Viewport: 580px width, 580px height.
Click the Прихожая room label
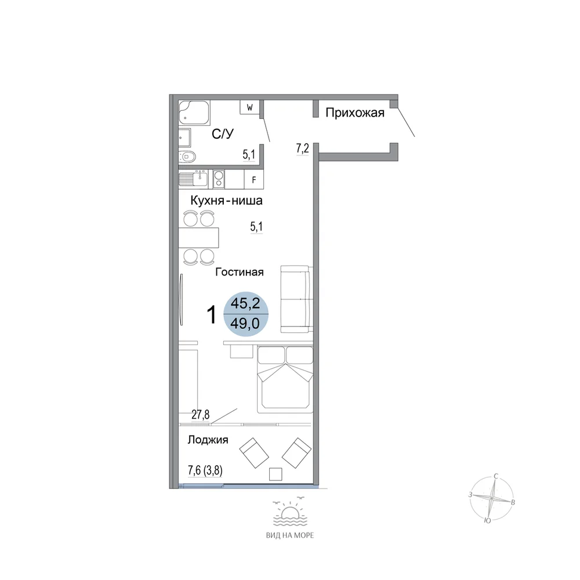coord(355,113)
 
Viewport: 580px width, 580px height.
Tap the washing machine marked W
coord(249,107)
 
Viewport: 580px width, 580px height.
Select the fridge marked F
coord(254,180)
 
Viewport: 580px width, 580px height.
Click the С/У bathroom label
coord(223,133)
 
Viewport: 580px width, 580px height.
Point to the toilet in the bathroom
coord(187,157)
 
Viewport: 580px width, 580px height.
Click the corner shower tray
coord(194,113)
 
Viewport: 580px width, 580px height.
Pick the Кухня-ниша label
coord(226,201)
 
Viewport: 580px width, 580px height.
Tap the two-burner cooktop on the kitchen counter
coord(219,179)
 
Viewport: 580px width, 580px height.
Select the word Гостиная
coord(240,272)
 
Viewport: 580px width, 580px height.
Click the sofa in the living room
coord(295,299)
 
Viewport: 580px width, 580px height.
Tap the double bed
coord(285,379)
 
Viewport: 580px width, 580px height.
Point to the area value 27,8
coord(201,415)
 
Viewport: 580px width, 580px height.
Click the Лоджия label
coord(208,440)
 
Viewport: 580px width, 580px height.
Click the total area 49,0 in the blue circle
coord(245,324)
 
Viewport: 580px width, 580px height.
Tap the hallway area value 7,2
coord(302,148)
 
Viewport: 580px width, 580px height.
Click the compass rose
coord(492,499)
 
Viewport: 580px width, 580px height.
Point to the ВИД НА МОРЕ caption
coord(290,535)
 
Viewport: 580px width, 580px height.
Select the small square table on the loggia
coord(275,474)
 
